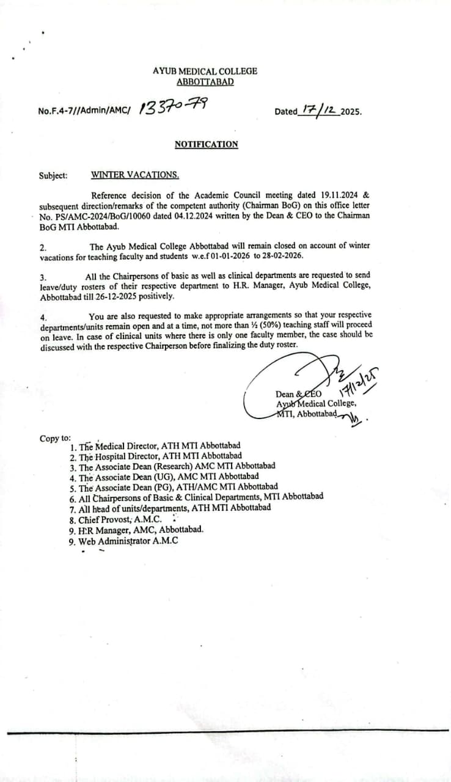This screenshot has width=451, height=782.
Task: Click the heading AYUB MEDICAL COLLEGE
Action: pyautogui.click(x=205, y=71)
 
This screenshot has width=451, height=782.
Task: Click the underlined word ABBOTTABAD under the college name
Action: pyautogui.click(x=205, y=82)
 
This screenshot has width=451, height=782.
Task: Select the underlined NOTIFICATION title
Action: pyautogui.click(x=206, y=145)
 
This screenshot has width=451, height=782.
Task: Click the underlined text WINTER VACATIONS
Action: pyautogui.click(x=135, y=175)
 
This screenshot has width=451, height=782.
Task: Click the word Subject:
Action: pyautogui.click(x=53, y=175)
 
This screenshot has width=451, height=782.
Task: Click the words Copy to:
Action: pyautogui.click(x=55, y=438)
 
